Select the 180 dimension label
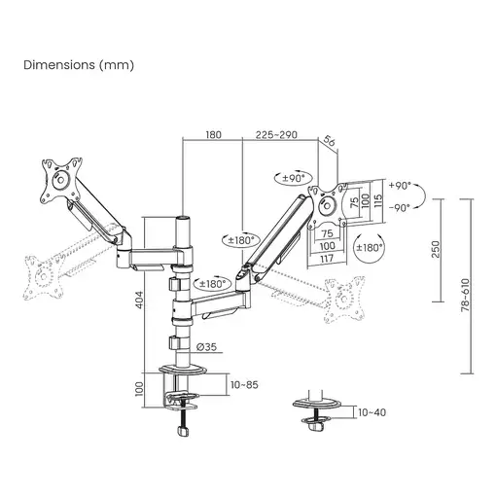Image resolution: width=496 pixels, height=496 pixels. tap(214, 137)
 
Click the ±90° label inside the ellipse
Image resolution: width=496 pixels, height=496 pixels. tap(294, 178)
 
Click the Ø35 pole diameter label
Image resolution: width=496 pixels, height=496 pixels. tap(205, 346)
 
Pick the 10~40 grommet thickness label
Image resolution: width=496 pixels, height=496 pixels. tap(372, 412)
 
